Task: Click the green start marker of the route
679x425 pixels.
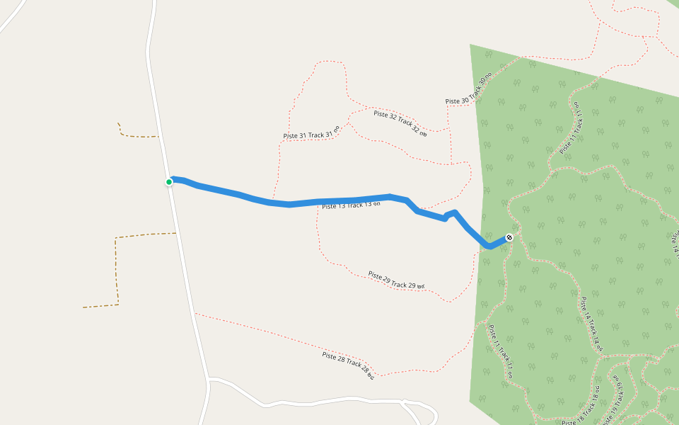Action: coord(169,182)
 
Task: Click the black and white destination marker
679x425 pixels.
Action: coord(509,237)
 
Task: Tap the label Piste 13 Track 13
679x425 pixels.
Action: coord(351,205)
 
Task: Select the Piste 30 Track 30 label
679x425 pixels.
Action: coord(468,91)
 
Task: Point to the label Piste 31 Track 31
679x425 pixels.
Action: coord(311,132)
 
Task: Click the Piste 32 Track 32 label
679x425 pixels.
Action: coord(400,123)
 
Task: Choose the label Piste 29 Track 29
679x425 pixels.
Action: coord(395,280)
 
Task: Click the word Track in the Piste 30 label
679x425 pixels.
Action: coord(475,89)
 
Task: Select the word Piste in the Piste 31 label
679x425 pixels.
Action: coord(293,136)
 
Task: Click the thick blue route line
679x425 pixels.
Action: coord(290,204)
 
